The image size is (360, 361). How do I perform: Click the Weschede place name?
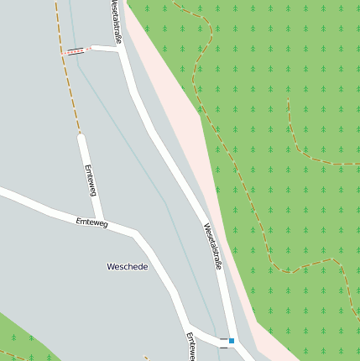coord(128,266)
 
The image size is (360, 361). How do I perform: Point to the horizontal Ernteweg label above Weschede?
coord(91,222)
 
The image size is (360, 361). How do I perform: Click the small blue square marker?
coord(232,341)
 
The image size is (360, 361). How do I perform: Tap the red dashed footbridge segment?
coord(77,50)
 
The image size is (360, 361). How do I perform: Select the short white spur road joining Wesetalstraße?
coord(105,48)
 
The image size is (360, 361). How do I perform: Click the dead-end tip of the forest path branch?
coord(289,100)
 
